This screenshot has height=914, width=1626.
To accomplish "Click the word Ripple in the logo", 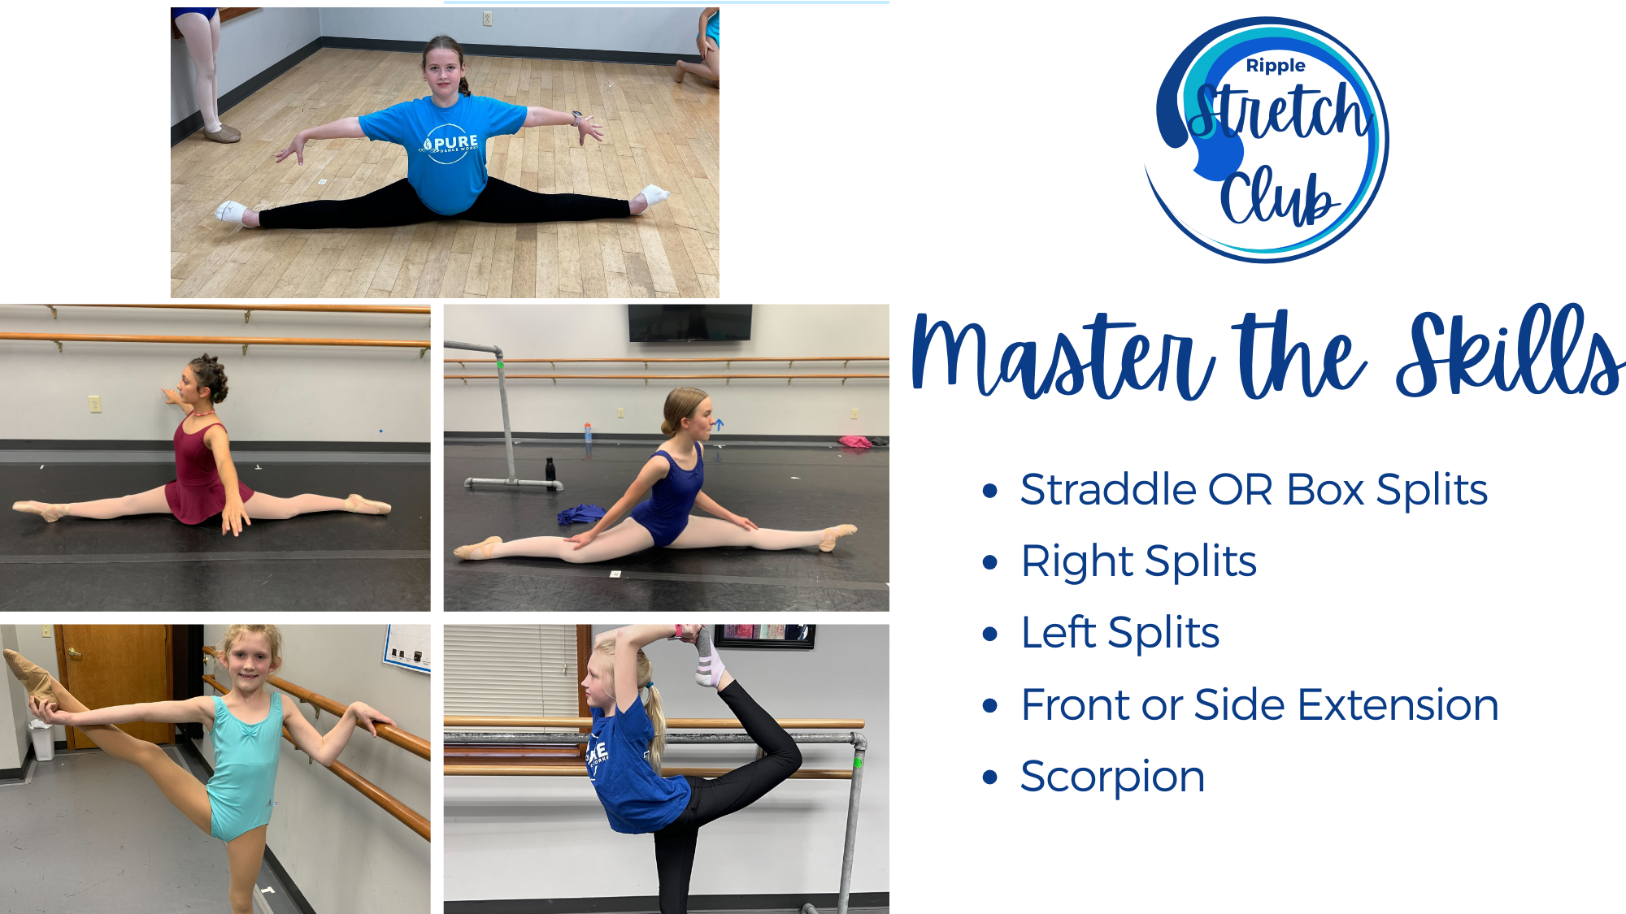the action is click(x=1275, y=66).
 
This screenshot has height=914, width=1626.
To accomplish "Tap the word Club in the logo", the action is click(x=1278, y=197).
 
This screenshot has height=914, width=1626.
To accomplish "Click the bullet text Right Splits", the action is click(x=1138, y=561).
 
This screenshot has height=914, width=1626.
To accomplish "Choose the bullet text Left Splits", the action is click(x=1120, y=633).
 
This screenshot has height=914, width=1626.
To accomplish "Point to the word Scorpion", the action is click(x=1112, y=778).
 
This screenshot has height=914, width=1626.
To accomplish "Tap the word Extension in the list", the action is click(x=1398, y=704).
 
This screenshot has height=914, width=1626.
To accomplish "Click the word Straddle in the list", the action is click(x=1108, y=490).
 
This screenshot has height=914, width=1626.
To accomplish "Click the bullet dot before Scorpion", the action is click(x=989, y=777).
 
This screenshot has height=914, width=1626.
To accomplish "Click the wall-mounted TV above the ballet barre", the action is click(x=689, y=323).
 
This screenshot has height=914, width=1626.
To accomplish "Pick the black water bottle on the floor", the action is click(x=550, y=469).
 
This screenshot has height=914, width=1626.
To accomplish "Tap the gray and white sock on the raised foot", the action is click(x=706, y=658).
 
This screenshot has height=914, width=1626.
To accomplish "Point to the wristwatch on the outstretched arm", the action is click(x=576, y=118).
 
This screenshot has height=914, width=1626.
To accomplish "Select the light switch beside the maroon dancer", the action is click(x=95, y=403).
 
